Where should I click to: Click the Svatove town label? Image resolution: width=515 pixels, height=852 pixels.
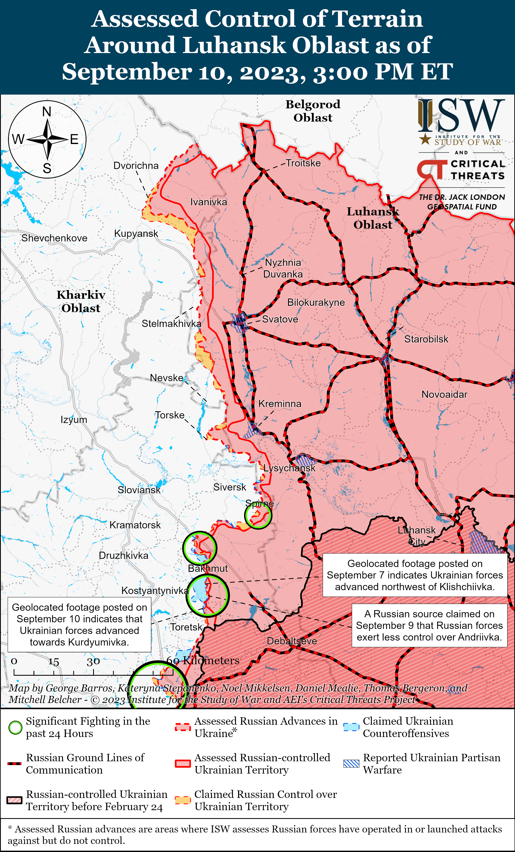click(280, 319)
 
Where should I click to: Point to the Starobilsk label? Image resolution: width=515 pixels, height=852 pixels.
click(426, 339)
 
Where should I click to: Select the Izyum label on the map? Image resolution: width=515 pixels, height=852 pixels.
click(74, 420)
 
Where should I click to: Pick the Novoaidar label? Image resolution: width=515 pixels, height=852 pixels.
click(444, 395)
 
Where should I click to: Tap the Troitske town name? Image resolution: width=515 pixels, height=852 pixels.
click(303, 163)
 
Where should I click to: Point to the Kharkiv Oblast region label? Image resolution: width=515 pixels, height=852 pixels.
click(81, 302)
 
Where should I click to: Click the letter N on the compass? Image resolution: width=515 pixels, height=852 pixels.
click(47, 112)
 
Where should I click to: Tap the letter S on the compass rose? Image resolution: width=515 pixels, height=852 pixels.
click(47, 168)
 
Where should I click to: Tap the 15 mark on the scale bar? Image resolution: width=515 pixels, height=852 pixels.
click(54, 661)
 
